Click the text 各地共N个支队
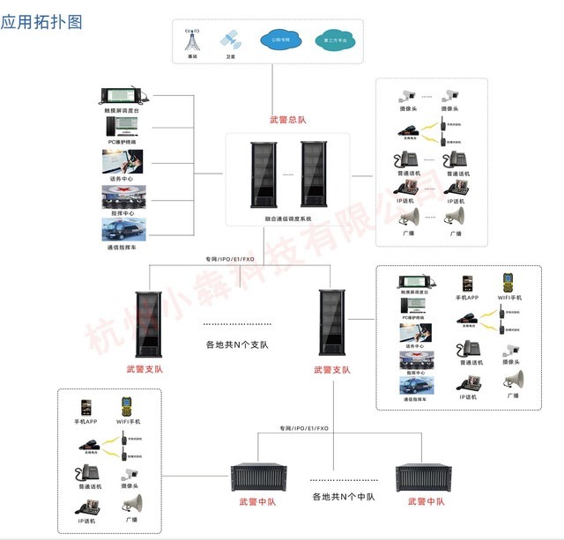coord(237,345)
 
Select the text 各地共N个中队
coord(344,497)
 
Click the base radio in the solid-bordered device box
coord(409,135)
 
